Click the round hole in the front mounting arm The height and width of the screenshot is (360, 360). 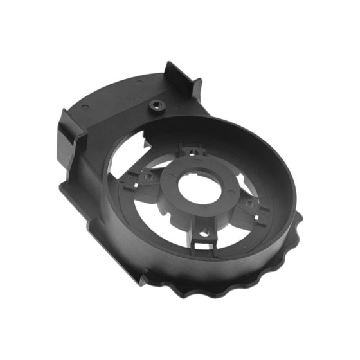[204, 229]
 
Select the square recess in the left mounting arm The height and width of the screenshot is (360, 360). [148, 175]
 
